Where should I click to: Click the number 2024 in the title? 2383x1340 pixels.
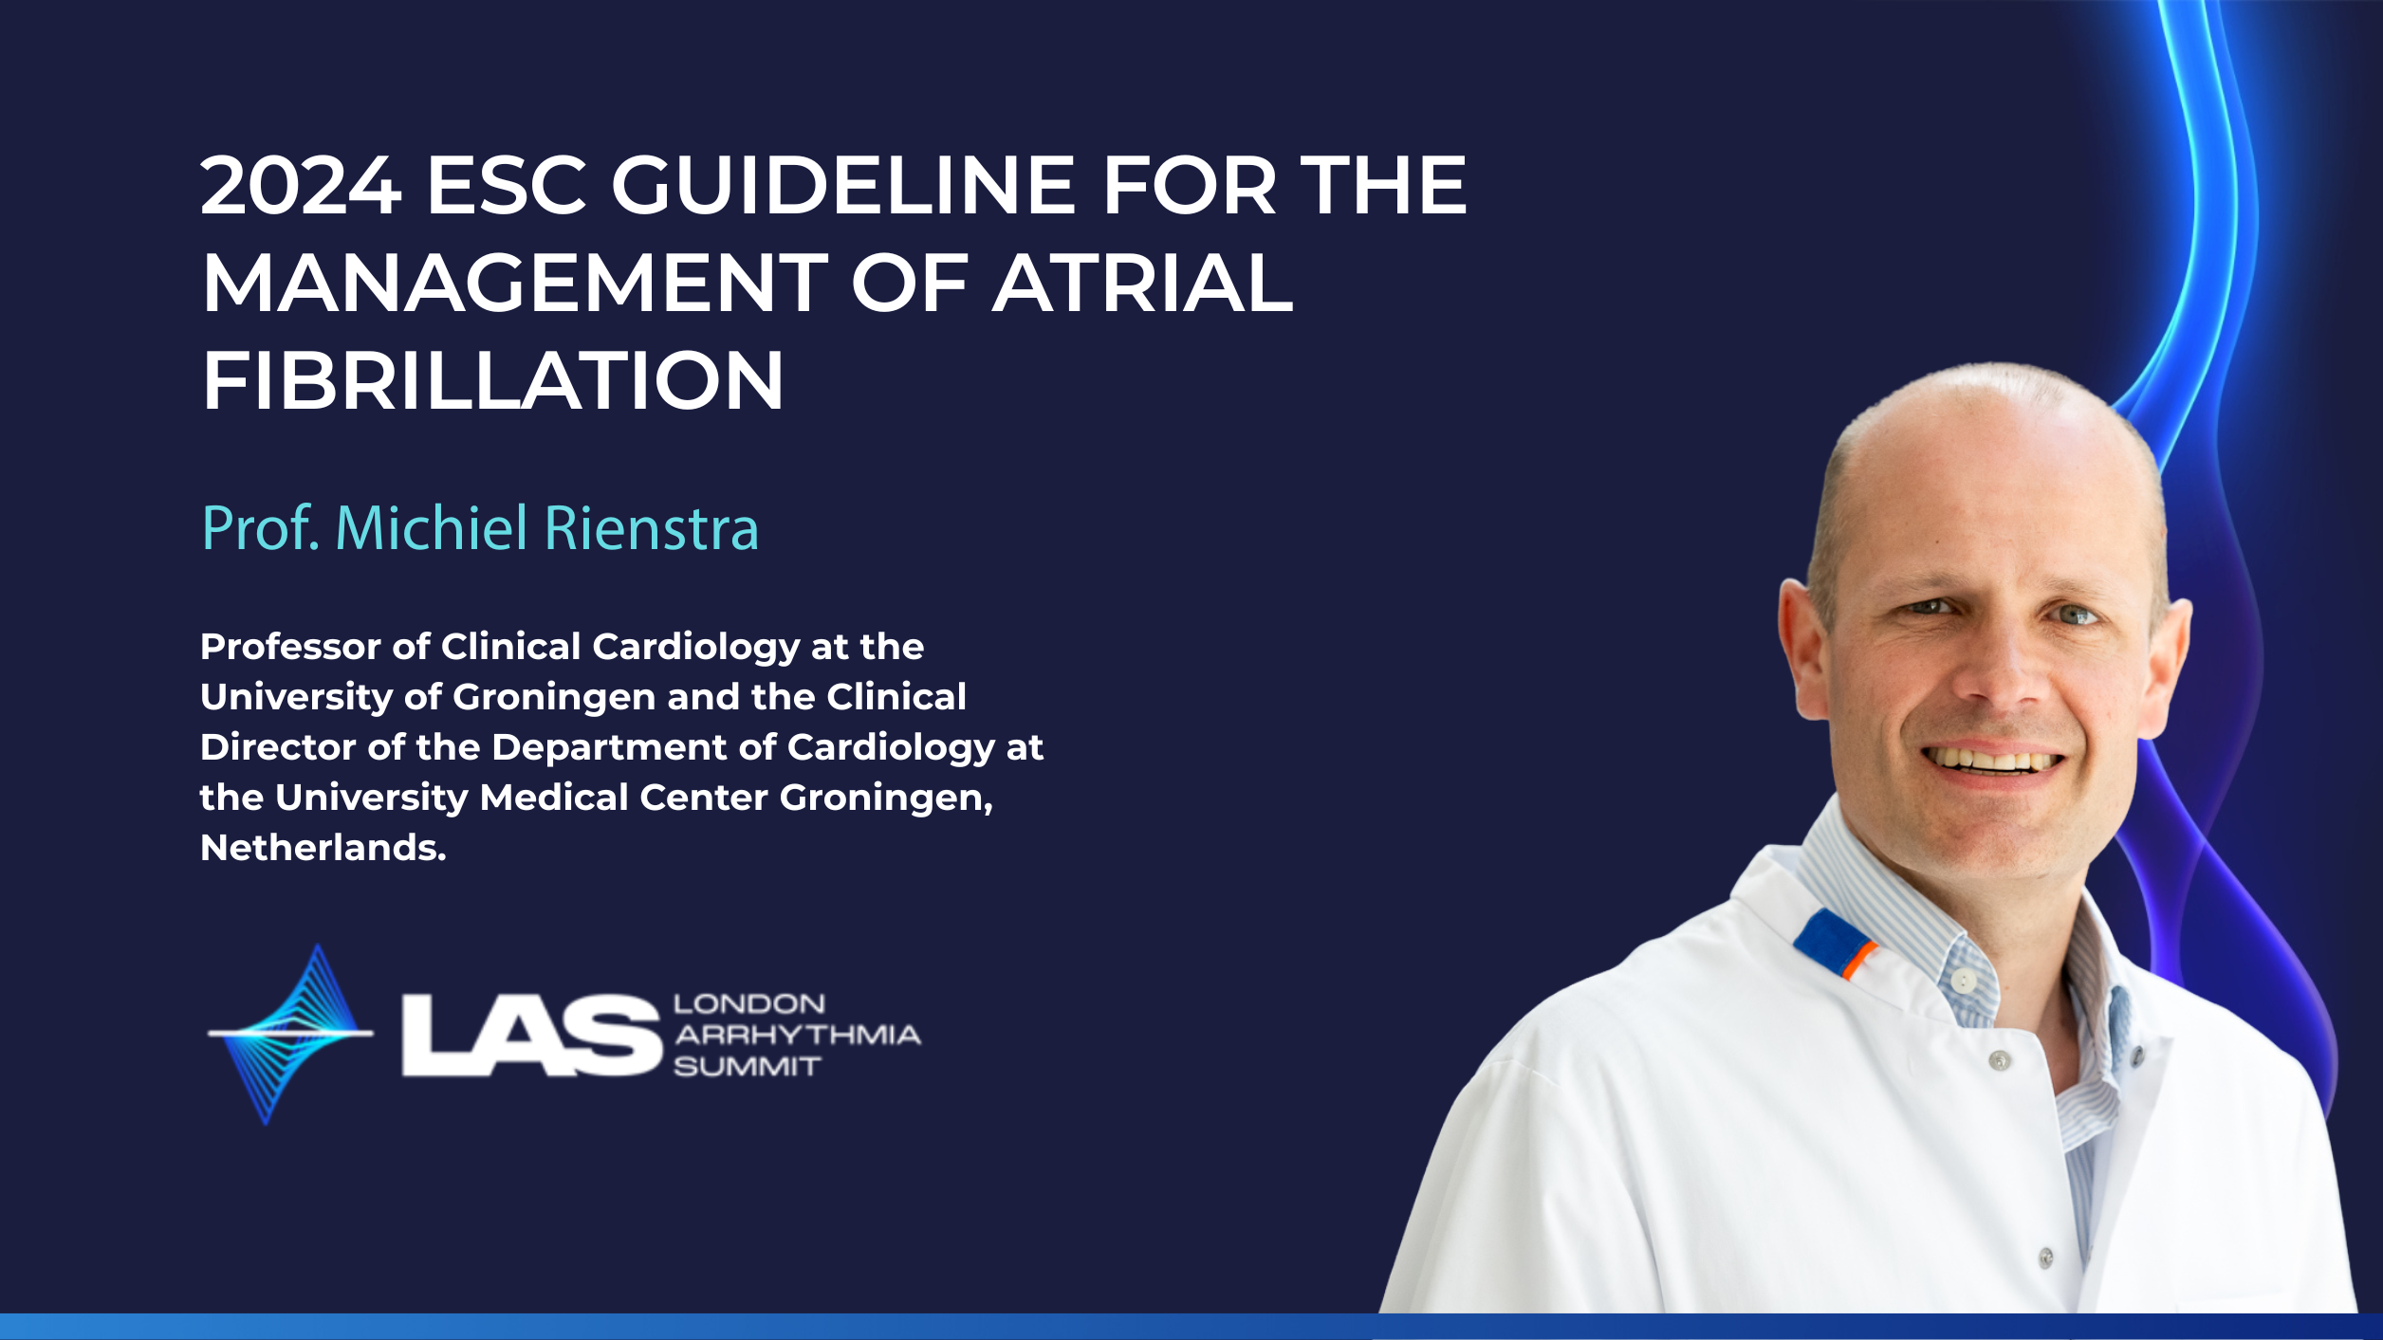click(301, 186)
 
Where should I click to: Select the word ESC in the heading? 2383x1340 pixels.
click(507, 186)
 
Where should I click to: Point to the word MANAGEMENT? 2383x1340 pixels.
click(515, 283)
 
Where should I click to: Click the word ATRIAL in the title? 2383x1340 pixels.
click(1143, 283)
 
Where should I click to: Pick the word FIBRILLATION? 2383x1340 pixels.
click(493, 380)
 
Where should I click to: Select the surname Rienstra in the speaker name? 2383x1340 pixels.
click(652, 528)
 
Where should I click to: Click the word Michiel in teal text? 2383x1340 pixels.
click(432, 528)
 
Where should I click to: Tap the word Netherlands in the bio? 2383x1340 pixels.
click(323, 848)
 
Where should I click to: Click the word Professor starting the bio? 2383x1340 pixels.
click(290, 647)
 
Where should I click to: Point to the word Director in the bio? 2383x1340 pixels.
click(278, 747)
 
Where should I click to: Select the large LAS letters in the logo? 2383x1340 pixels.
click(531, 1035)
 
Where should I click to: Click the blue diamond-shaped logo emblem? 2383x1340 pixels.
click(290, 1034)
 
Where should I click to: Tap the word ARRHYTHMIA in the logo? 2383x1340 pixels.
click(797, 1035)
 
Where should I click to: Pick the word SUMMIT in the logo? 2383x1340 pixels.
click(747, 1067)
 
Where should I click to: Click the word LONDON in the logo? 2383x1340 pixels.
click(749, 1003)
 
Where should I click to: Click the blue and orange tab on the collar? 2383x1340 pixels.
click(1834, 943)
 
